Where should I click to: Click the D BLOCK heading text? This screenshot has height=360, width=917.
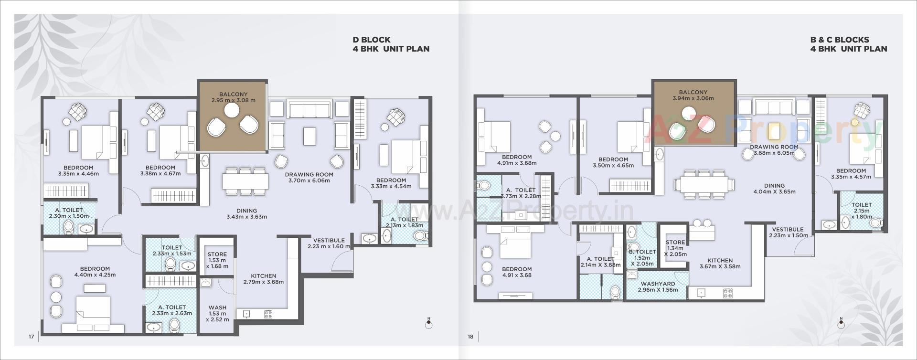pyautogui.click(x=372, y=40)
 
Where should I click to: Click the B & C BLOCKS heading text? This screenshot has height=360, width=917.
pyautogui.click(x=839, y=40)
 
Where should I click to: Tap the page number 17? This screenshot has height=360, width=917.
pyautogui.click(x=31, y=337)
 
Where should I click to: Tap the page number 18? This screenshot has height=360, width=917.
pyautogui.click(x=470, y=337)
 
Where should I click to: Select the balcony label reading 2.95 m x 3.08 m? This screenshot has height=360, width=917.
pyautogui.click(x=233, y=97)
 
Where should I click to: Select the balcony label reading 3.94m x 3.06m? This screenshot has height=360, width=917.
pyautogui.click(x=693, y=95)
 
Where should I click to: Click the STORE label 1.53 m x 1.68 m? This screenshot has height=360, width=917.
pyautogui.click(x=217, y=260)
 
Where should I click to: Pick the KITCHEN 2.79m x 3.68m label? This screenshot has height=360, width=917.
pyautogui.click(x=263, y=279)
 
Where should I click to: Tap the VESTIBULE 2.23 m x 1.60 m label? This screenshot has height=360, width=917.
pyautogui.click(x=329, y=244)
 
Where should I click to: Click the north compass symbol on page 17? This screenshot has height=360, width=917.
pyautogui.click(x=428, y=324)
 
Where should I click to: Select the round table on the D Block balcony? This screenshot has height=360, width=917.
pyautogui.click(x=232, y=110)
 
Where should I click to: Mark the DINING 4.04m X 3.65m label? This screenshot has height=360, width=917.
pyautogui.click(x=774, y=189)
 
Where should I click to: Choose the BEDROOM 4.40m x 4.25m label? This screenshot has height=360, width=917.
pyautogui.click(x=95, y=272)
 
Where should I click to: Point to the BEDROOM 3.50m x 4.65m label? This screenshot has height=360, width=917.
pyautogui.click(x=613, y=162)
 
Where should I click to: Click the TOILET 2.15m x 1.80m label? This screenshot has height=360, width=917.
pyautogui.click(x=862, y=211)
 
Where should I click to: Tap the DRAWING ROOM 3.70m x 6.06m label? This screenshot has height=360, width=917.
pyautogui.click(x=309, y=177)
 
